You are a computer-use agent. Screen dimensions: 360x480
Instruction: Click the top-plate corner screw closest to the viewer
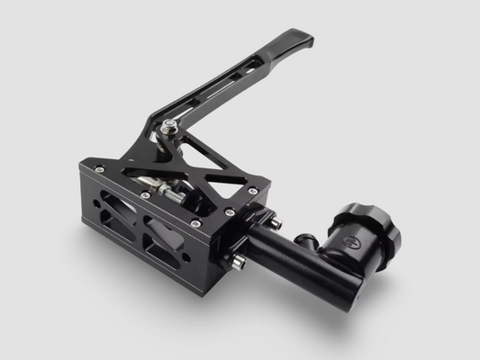click(x=195, y=222)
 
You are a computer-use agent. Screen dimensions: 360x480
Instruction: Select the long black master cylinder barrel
click(x=297, y=261)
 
